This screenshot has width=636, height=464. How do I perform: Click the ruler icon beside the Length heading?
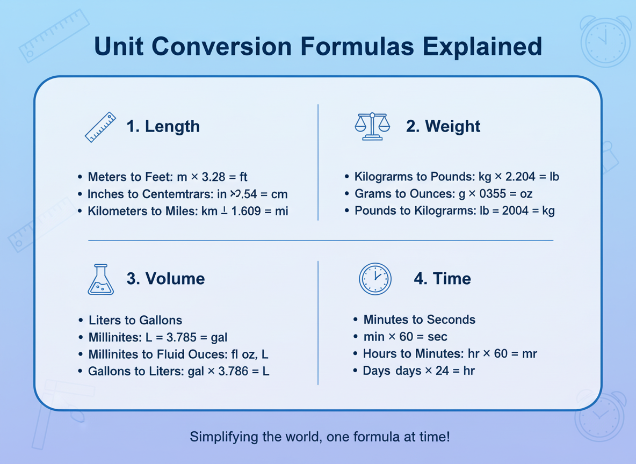[x=100, y=127]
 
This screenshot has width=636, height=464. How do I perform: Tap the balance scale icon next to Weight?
[x=372, y=127]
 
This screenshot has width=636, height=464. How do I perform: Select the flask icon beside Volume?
[x=100, y=279]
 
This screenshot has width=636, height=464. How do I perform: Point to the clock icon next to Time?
[x=375, y=279]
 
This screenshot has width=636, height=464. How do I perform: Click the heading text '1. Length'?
[x=163, y=127]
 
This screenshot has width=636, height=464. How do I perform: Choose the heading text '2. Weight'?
[x=443, y=127]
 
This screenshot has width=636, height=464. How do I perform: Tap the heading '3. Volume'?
[x=165, y=279]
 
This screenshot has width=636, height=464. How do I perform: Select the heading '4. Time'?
[x=442, y=279]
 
